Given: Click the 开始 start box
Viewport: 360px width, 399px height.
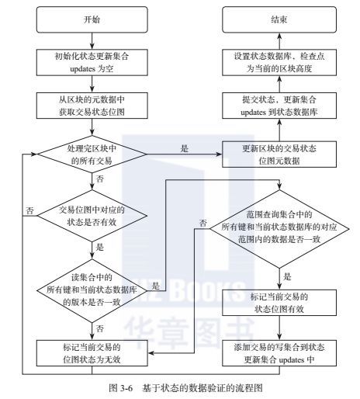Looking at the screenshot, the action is [92, 19].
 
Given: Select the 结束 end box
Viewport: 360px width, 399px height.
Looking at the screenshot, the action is [279, 19].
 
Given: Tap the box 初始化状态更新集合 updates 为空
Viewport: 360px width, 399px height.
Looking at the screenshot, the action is [92, 63].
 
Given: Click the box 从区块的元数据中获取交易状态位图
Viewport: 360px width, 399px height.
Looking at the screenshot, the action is [92, 106].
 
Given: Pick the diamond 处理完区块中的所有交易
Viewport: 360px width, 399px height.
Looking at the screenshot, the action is [92, 154].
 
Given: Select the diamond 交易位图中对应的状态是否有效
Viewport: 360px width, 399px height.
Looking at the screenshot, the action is [92, 216].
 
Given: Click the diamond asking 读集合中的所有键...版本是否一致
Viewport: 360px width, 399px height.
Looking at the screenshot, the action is [92, 290].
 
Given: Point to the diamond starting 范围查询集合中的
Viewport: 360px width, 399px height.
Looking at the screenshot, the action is [279, 229].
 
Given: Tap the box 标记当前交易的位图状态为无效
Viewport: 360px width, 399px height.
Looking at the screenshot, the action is [92, 353].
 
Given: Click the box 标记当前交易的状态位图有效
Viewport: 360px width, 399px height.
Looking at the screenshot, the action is [279, 303].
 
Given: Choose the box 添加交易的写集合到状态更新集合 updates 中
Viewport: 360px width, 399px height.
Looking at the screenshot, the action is [279, 353].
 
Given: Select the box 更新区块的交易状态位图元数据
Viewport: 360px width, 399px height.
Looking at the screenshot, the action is [279, 154].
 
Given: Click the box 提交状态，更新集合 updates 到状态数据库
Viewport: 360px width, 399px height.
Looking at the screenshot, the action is [279, 106].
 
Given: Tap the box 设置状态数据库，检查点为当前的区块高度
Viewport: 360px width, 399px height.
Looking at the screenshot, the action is [279, 63].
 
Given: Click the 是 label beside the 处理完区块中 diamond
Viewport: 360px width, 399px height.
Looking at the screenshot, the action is [185, 148].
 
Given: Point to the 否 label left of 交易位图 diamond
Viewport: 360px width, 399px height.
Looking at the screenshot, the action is [29, 210].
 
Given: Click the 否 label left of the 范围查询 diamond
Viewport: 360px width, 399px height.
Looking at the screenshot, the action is [203, 223].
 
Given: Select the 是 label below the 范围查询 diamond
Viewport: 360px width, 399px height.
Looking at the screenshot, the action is [287, 276].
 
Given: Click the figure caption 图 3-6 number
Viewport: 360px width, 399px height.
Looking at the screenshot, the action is [121, 388].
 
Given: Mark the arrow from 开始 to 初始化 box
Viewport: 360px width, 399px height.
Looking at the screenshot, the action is [92, 41].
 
